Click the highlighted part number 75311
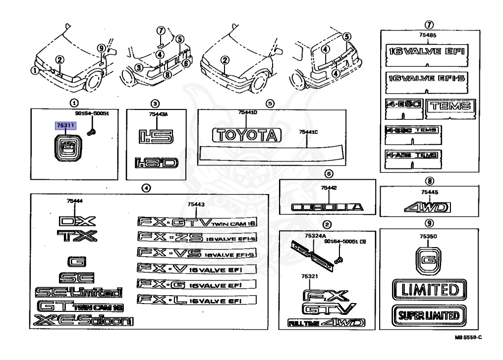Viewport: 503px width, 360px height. (x=65, y=126)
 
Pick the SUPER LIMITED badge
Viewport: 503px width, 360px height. (x=429, y=315)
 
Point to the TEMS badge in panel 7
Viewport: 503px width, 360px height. (x=450, y=106)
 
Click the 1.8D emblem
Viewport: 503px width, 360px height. (x=156, y=163)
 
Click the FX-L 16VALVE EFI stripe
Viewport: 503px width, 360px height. (x=197, y=299)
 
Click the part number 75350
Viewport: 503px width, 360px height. (x=428, y=236)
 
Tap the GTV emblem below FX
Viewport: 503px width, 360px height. (x=328, y=309)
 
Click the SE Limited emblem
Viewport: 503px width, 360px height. (x=79, y=293)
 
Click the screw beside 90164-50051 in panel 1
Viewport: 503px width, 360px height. (x=91, y=132)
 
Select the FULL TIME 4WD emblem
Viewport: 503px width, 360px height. (x=326, y=323)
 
